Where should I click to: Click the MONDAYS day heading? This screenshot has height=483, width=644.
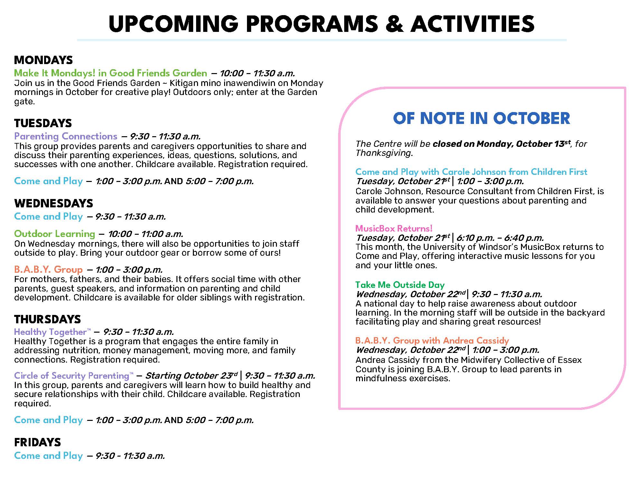point(43,60)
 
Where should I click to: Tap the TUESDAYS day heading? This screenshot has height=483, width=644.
point(43,123)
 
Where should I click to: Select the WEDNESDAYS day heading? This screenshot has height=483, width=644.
point(53,204)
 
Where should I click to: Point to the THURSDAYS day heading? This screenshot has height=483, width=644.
point(47,319)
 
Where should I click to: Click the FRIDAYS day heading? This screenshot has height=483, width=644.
point(37,442)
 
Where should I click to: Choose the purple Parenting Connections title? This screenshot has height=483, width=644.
point(66,136)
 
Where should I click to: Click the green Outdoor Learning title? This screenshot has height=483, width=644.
point(55,234)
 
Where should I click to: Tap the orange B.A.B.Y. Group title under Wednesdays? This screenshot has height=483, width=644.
point(48,270)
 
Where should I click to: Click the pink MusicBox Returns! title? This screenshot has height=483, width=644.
point(394,229)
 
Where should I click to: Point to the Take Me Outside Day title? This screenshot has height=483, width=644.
point(400,285)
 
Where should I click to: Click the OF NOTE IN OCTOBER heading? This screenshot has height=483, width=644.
point(481,118)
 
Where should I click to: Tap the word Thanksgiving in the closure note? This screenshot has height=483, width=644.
point(384,153)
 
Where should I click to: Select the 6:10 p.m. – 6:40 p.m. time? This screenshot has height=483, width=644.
point(500,238)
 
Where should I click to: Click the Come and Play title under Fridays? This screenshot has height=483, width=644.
point(49,456)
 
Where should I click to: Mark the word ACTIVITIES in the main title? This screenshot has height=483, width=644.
point(472,24)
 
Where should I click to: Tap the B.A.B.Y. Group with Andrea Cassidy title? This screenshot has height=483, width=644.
point(432,341)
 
